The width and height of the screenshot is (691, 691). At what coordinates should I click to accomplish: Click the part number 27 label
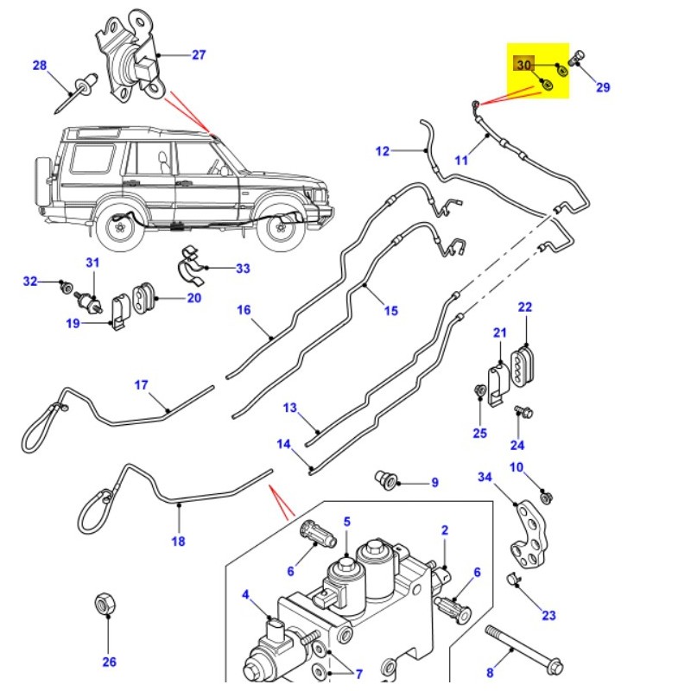pyautogui.click(x=199, y=55)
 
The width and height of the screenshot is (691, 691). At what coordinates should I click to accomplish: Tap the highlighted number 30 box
pyautogui.click(x=524, y=66)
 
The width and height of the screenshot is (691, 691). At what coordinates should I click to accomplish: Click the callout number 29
pyautogui.click(x=602, y=86)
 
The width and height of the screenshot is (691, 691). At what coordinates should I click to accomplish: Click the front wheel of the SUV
pyautogui.click(x=281, y=227)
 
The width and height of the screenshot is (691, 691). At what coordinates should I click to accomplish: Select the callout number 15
pyautogui.click(x=391, y=310)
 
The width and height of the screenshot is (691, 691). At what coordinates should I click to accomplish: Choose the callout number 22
pyautogui.click(x=525, y=307)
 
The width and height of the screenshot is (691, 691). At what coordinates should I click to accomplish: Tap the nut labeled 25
pyautogui.click(x=480, y=393)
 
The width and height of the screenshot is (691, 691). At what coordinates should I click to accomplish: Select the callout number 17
pyautogui.click(x=141, y=384)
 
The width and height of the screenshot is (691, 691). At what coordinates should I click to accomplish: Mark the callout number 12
pyautogui.click(x=383, y=151)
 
